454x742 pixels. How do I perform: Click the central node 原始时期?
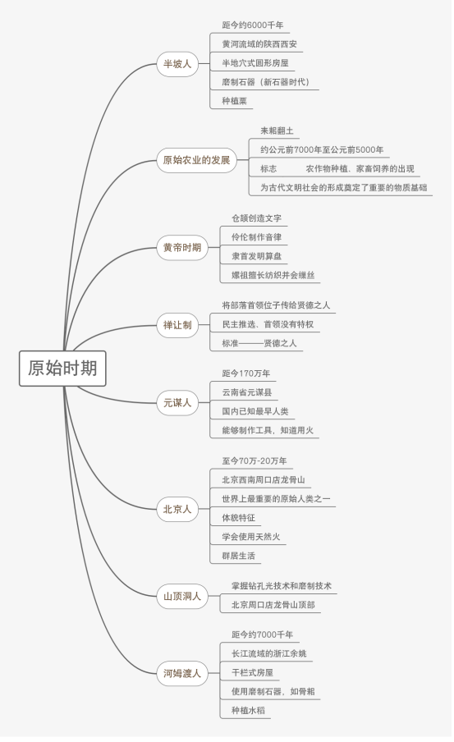pos(62,369)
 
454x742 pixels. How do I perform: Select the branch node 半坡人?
pos(177,64)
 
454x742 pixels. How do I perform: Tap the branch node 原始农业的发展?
pos(196,160)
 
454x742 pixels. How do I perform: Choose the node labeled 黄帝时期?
pos(182,248)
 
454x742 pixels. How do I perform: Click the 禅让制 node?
pos(177,325)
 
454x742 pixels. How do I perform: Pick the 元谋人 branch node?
pos(177,403)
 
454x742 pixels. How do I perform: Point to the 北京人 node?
pos(177,509)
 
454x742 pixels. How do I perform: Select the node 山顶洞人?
pos(182,596)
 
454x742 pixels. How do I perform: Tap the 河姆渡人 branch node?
pos(182,673)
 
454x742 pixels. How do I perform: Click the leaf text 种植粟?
pos(234,101)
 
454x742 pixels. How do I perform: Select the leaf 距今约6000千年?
pos(253,25)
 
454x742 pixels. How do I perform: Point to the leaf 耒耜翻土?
pos(277,131)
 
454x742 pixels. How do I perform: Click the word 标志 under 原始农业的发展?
pos(268,168)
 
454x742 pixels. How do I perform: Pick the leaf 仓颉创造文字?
pos(257,218)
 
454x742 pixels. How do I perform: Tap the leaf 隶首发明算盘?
pos(257,256)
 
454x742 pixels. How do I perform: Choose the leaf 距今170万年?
pos(246,373)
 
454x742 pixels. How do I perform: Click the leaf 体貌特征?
pos(239,518)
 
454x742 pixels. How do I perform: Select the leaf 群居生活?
pos(239,556)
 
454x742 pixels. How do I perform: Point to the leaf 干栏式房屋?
pos(252,672)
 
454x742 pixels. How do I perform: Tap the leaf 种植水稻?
pos(248,710)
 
